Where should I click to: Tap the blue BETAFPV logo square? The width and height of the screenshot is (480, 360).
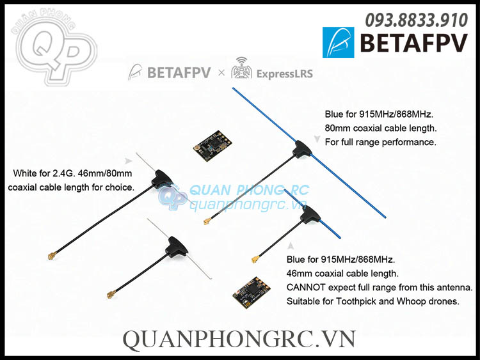pyautogui.click(x=338, y=43)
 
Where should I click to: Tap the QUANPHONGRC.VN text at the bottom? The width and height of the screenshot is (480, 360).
pyautogui.click(x=239, y=340)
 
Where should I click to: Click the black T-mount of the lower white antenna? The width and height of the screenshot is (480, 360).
pyautogui.click(x=175, y=245)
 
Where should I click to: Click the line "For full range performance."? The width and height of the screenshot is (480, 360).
pyautogui.click(x=380, y=142)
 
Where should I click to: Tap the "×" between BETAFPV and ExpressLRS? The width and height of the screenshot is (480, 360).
pyautogui.click(x=221, y=73)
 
